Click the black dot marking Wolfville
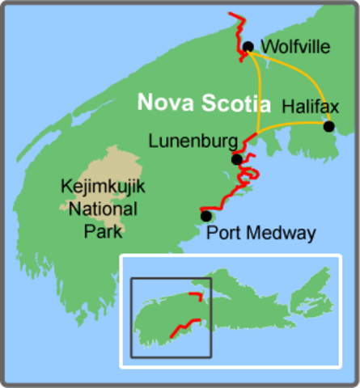tap(248, 47)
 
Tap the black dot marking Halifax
tap(328, 126)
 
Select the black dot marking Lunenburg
tap(236, 159)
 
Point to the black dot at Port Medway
tap(206, 216)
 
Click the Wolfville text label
tap(297, 48)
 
